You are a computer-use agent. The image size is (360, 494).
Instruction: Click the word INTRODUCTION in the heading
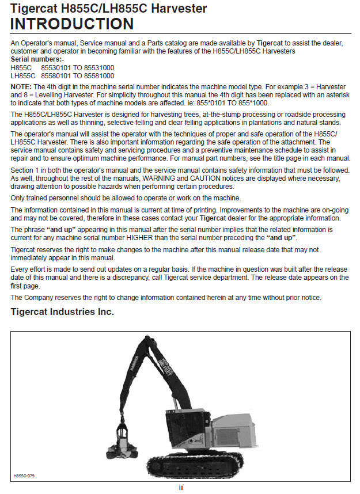point(72,24)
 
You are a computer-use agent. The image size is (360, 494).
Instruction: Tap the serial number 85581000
point(98,75)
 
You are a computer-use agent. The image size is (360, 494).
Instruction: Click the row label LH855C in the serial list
point(23,75)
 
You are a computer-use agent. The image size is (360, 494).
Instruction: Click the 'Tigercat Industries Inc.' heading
point(62,312)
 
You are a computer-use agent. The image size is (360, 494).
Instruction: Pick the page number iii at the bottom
point(180,488)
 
